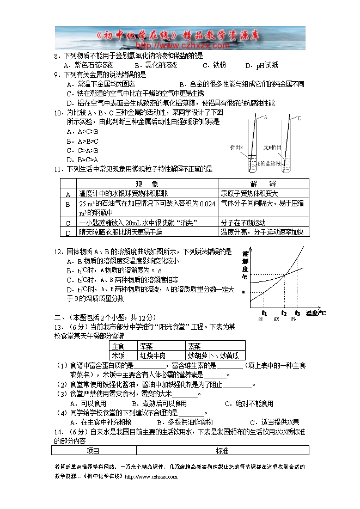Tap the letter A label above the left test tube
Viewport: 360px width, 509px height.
coord(265,116)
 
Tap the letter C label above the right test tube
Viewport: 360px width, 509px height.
coord(299,117)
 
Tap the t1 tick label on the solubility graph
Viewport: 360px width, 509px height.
coord(264,313)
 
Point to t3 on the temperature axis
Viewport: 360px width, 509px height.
coord(297,313)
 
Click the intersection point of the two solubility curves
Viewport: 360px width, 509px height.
coord(285,273)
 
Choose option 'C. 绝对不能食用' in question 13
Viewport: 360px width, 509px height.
coord(249,403)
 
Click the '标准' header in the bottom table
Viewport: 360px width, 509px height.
coord(222,451)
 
